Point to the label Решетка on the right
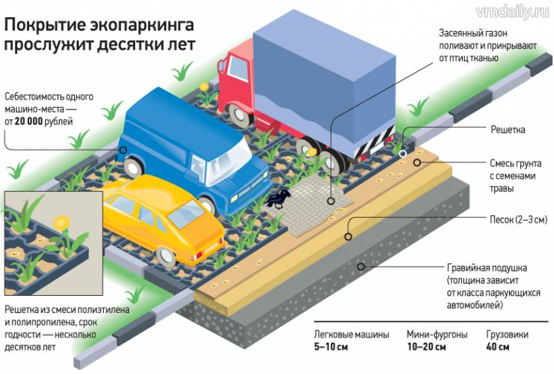click(508, 130)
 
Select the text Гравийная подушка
click(488, 267)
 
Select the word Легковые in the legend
click(335, 332)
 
